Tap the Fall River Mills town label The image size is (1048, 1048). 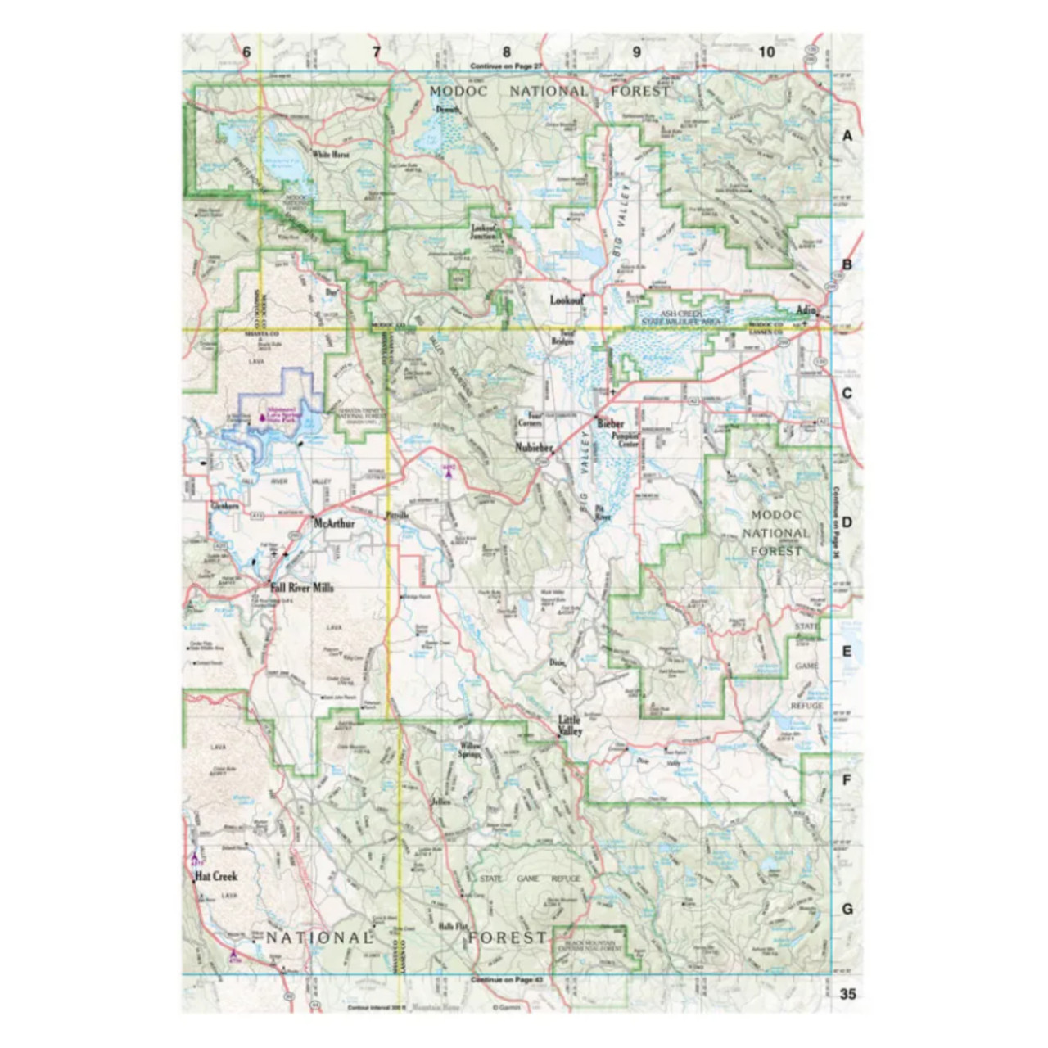point(301,588)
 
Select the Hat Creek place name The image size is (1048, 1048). point(216,876)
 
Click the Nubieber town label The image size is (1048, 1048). point(535,448)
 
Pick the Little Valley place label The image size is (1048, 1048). point(571,725)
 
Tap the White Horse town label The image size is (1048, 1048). point(330,154)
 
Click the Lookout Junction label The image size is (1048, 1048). point(484,231)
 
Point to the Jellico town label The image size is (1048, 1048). point(440,802)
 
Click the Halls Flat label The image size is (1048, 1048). point(452,926)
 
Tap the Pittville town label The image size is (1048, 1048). point(396,515)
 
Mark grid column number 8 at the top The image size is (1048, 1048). point(507,52)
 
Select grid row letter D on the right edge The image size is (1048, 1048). point(847,522)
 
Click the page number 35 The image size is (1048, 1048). point(847,993)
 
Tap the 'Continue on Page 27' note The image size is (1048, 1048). point(507,65)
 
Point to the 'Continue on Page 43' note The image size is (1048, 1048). point(507,980)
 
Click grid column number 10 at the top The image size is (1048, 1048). point(766,52)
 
